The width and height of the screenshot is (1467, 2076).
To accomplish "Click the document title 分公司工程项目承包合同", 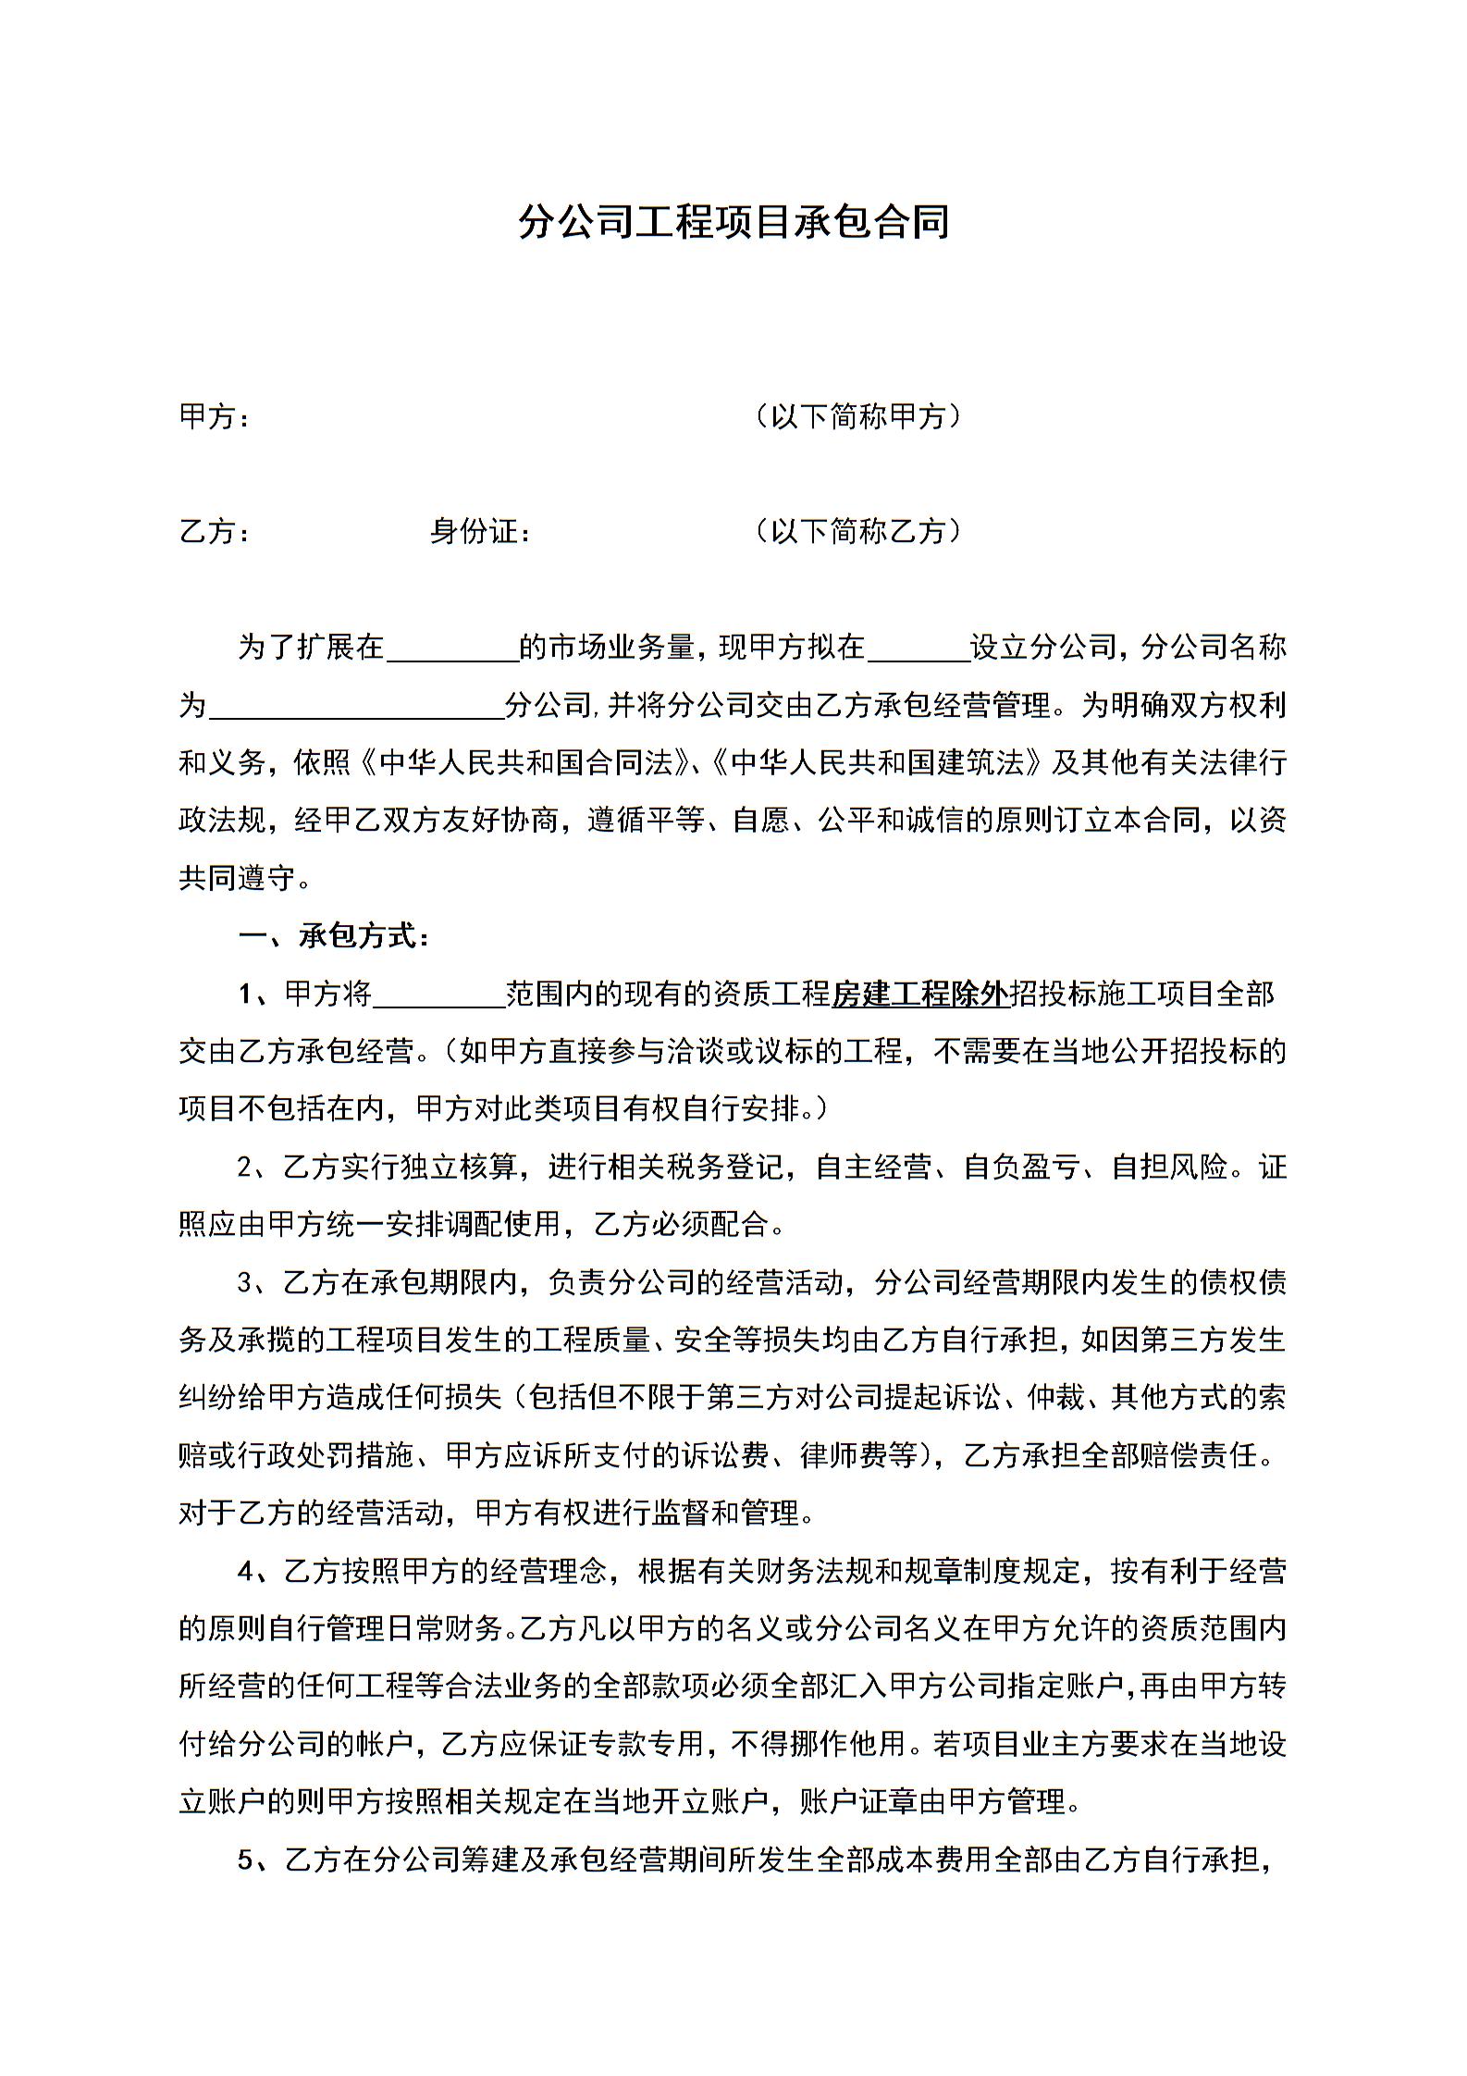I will tap(733, 223).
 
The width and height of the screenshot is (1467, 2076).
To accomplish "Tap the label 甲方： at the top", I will tap(214, 418).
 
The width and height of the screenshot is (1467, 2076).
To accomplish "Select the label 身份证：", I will tap(479, 532).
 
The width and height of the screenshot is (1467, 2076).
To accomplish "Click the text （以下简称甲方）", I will tap(858, 417).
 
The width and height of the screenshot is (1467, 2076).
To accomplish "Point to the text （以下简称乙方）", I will tap(858, 531).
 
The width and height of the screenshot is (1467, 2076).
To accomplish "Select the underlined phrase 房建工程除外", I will tap(919, 995).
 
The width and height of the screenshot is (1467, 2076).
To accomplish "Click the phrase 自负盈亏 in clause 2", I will tap(1021, 1168).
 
